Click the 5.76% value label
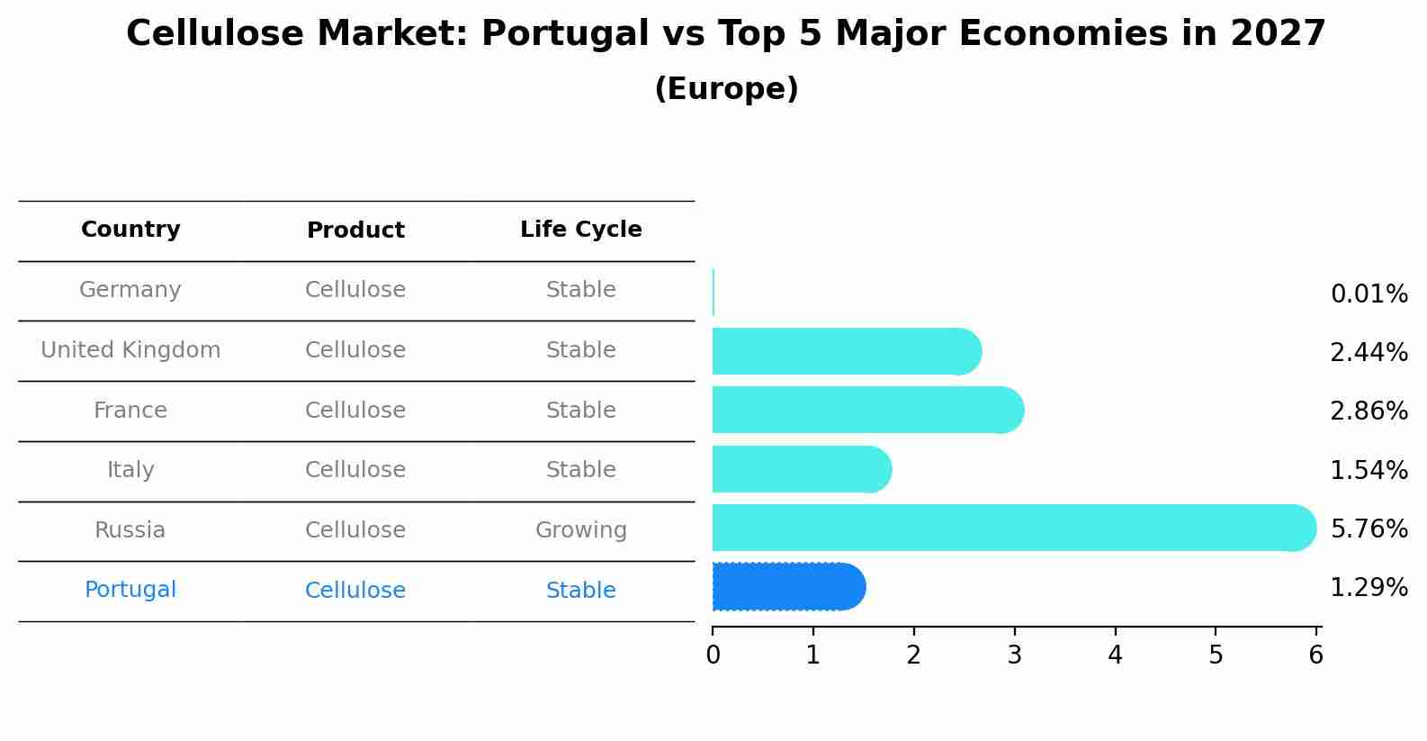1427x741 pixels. pyautogui.click(x=1369, y=529)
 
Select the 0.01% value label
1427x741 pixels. pyautogui.click(x=1369, y=294)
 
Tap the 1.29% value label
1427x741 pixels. pyautogui.click(x=1369, y=588)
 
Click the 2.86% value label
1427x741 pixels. pyautogui.click(x=1369, y=411)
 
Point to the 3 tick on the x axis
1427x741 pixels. pyautogui.click(x=1015, y=655)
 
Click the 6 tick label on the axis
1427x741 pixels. pyautogui.click(x=1315, y=655)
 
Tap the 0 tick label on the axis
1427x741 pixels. pyautogui.click(x=713, y=655)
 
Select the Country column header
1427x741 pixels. pyautogui.click(x=130, y=230)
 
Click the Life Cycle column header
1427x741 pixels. pyautogui.click(x=580, y=230)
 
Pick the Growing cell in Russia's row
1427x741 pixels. pyautogui.click(x=580, y=530)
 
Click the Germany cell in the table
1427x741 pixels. pyautogui.click(x=130, y=290)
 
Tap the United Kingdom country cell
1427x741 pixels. pyautogui.click(x=130, y=350)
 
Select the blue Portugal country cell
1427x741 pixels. pyautogui.click(x=130, y=590)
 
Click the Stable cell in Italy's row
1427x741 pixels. pyautogui.click(x=580, y=470)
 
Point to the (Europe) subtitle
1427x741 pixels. pyautogui.click(x=726, y=89)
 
